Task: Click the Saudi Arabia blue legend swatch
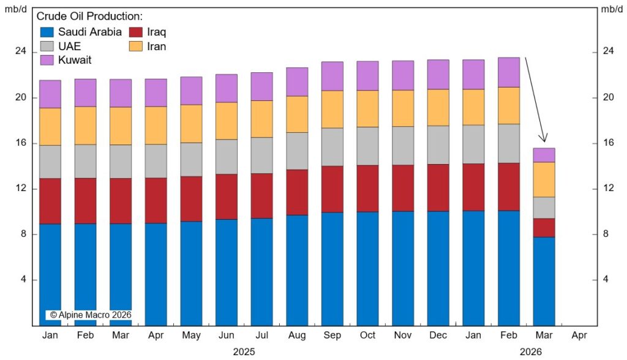(48, 32)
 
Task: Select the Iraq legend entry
(156, 32)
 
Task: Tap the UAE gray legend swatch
(48, 46)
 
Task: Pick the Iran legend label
(156, 46)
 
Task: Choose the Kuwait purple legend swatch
(48, 60)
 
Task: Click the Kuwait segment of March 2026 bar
(544, 155)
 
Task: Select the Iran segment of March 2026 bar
(544, 179)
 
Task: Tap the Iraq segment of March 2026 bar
(544, 228)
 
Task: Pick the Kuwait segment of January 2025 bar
(50, 94)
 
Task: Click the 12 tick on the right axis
(607, 189)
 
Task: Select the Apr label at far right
(579, 336)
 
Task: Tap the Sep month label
(332, 336)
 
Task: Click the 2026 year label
(531, 351)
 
